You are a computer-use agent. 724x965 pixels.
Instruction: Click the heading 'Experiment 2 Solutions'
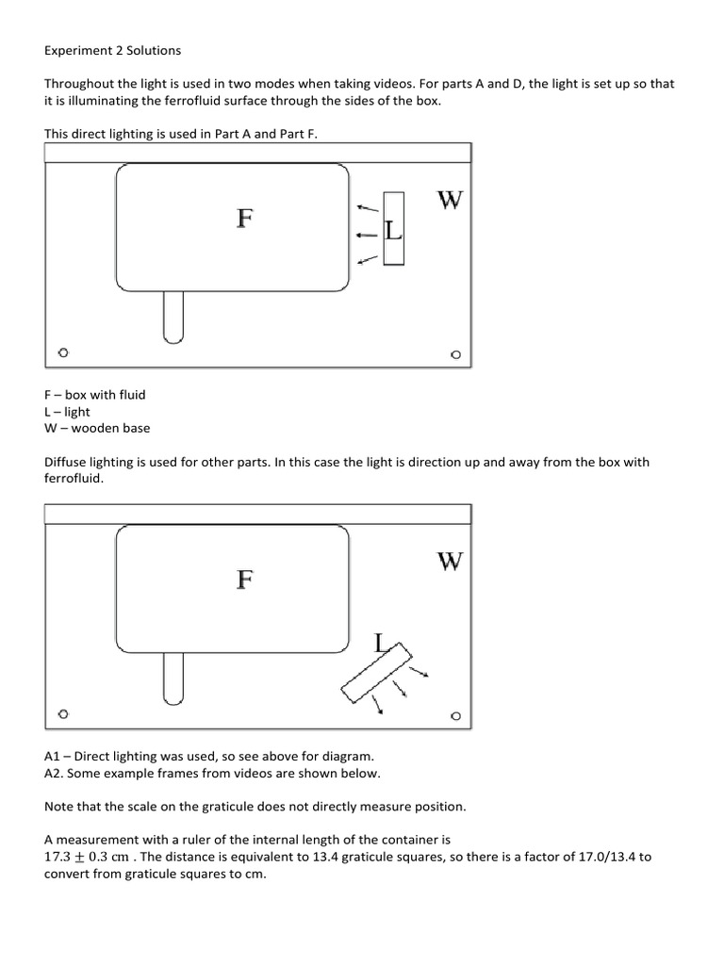[x=112, y=50]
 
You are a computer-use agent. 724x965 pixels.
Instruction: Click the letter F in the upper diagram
[x=244, y=219]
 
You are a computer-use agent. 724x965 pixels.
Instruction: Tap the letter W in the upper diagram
[x=450, y=200]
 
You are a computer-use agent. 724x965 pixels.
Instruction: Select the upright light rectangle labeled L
[x=393, y=229]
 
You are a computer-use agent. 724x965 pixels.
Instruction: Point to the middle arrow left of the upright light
[x=367, y=236]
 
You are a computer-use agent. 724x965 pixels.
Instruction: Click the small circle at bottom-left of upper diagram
[x=63, y=353]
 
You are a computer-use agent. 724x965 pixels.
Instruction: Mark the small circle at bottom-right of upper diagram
[x=455, y=355]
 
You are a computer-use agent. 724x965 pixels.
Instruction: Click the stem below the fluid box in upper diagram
[x=173, y=317]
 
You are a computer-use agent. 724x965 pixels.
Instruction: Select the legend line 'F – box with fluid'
[x=95, y=395]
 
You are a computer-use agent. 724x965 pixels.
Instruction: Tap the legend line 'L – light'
[x=68, y=412]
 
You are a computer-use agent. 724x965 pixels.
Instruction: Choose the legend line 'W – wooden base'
[x=97, y=428]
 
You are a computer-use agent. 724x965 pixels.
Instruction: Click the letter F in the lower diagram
[x=244, y=579]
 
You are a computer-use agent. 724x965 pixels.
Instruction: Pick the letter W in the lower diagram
[x=450, y=562]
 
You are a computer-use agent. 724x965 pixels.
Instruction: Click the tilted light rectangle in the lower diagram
[x=376, y=673]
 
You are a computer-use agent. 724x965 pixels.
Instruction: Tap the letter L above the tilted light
[x=381, y=644]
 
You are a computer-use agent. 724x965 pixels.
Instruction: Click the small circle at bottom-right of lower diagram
[x=455, y=715]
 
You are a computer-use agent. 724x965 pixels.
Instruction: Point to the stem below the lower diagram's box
[x=173, y=679]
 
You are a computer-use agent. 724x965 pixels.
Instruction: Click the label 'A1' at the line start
[x=53, y=756]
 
